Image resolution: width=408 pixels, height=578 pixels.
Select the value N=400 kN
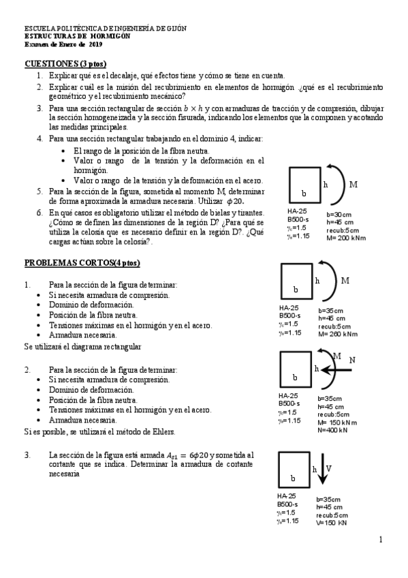coord(332,430)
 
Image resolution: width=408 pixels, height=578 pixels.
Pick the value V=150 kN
coord(332,523)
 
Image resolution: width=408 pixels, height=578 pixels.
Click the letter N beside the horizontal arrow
coord(353,359)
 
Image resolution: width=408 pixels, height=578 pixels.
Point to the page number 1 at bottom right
coord(381,540)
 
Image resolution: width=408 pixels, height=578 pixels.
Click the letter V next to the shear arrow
coord(328,468)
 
